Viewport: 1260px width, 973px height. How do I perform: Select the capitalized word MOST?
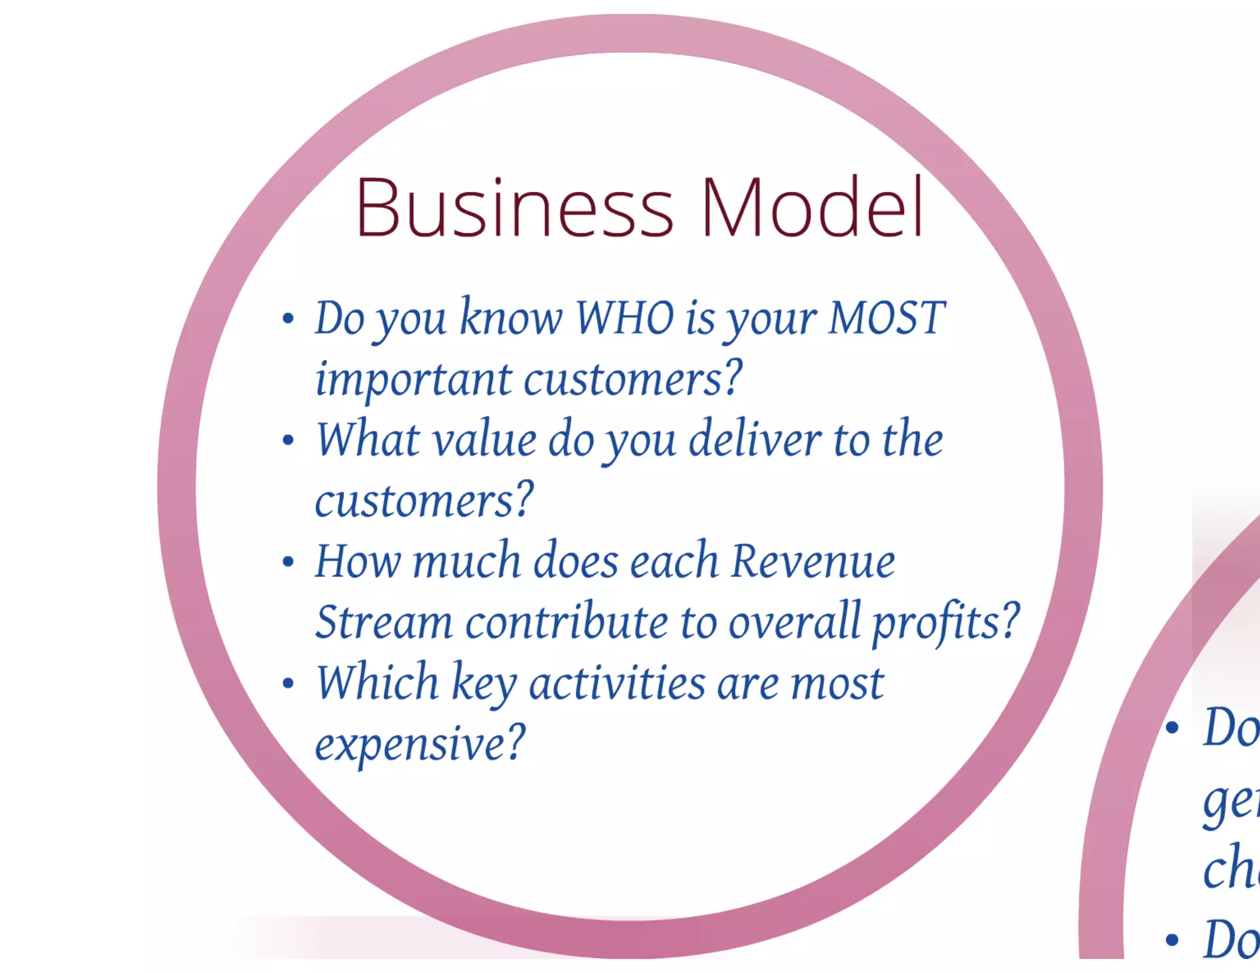tap(886, 318)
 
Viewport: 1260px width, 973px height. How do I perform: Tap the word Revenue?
tap(813, 562)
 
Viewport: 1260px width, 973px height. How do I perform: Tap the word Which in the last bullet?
tap(377, 683)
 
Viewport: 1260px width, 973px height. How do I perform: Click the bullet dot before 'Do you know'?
tap(288, 319)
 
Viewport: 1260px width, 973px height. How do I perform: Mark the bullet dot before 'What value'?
tap(288, 440)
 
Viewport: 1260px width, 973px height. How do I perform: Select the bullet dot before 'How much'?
tap(288, 562)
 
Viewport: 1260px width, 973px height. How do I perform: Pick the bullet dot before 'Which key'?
tap(288, 683)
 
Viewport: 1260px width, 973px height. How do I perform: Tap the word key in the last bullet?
tap(484, 685)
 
